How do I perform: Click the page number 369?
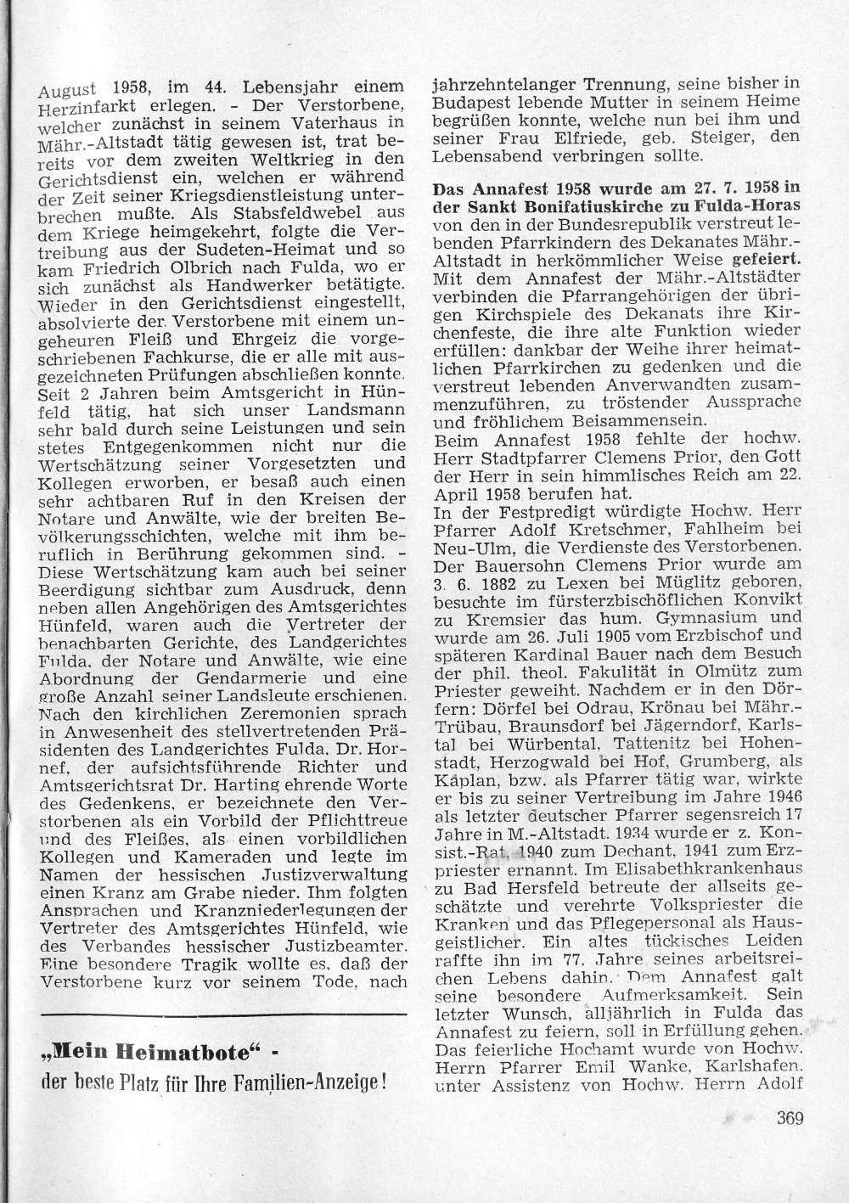click(x=789, y=1117)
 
